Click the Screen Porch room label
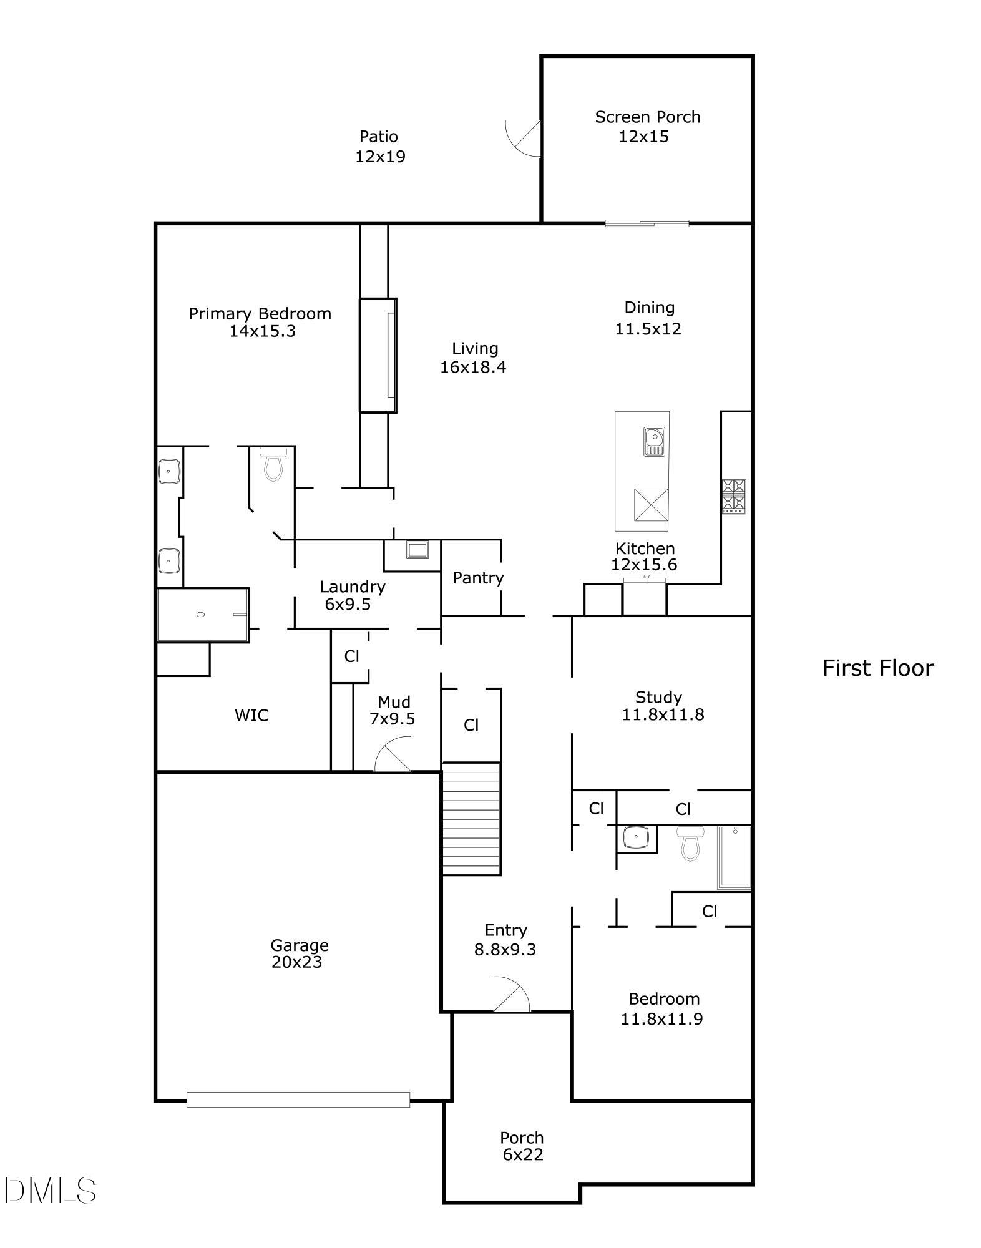coord(647,117)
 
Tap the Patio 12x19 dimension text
coord(380,157)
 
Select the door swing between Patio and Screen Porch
coord(523,138)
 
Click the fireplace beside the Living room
coord(378,355)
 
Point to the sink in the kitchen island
coord(654,441)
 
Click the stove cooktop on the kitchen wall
coord(733,496)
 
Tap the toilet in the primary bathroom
coord(273,464)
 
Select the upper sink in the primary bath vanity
coord(169,471)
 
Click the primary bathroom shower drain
coord(200,615)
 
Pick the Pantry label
coord(478,578)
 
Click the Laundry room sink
coord(417,550)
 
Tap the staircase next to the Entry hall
coord(472,819)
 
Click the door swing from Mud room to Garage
coord(394,755)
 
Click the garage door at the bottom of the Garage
coord(298,1099)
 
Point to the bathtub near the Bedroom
coord(734,857)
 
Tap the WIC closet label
coord(251,715)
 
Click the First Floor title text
coord(877,668)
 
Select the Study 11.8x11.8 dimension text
coord(663,715)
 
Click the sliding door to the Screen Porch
coord(647,223)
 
